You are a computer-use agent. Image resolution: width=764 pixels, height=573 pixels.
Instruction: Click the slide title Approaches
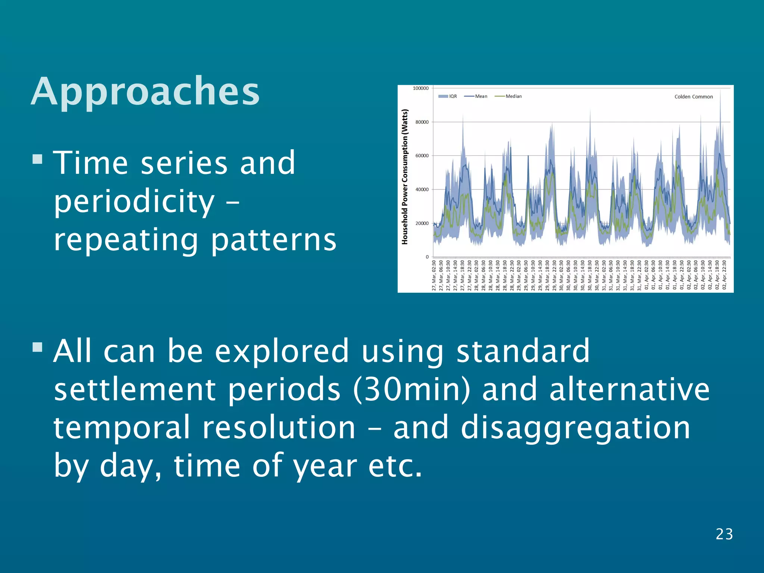coord(145,92)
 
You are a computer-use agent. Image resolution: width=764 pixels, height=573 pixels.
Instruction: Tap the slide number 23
coord(724,534)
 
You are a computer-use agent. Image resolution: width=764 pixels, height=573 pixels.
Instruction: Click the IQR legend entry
coord(448,96)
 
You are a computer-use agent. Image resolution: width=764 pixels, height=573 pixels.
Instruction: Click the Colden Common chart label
coord(693,97)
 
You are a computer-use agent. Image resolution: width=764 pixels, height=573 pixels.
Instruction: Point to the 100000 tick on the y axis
coord(420,88)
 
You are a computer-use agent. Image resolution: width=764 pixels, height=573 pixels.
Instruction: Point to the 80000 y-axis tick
coord(422,122)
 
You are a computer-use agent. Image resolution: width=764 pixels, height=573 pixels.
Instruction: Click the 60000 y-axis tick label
coord(422,156)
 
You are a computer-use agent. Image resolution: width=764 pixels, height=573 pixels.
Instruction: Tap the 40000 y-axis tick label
coord(422,190)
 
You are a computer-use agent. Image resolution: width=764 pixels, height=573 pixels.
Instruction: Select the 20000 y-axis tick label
coord(422,223)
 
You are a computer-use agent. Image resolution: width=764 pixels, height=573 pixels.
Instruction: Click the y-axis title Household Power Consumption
coord(405,177)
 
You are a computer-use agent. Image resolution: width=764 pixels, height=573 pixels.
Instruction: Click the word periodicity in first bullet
coord(134,202)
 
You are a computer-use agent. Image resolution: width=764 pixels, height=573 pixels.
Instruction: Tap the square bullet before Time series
coord(37,160)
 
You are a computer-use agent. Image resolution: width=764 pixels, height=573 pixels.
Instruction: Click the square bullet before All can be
coord(37,347)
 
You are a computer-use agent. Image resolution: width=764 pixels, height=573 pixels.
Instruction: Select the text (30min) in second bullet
coord(412,389)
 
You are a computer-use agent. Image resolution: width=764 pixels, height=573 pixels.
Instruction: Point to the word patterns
coord(274,241)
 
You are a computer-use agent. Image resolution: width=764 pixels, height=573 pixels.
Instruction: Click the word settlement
coord(135,389)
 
